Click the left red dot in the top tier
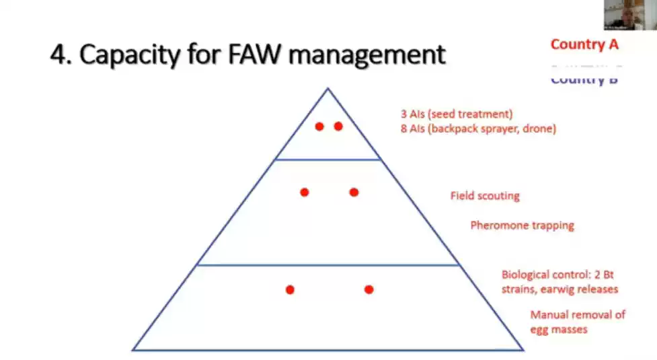(x=319, y=126)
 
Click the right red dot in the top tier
(x=338, y=126)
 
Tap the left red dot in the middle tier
(x=305, y=192)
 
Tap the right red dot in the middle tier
(x=354, y=192)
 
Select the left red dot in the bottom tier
(x=290, y=289)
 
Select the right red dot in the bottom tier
(x=369, y=289)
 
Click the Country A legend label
(x=584, y=44)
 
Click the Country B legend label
(x=584, y=79)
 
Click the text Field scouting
(x=485, y=196)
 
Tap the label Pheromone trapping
(x=523, y=225)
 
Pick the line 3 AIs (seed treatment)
(x=457, y=114)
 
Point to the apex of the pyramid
(x=328, y=88)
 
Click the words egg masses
(x=559, y=329)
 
